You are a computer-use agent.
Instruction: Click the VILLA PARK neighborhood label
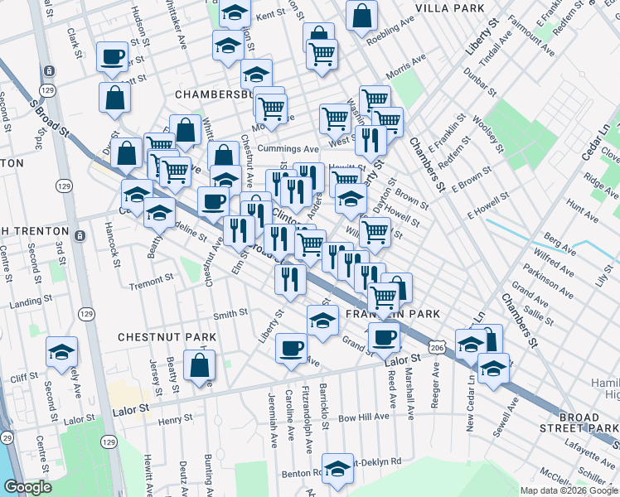[449, 8]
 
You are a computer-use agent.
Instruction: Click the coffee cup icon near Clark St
[112, 56]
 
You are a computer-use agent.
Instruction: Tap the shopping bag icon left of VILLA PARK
[361, 15]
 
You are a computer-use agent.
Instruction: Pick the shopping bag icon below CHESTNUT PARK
[200, 364]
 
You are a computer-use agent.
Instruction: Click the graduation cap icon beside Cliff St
[61, 353]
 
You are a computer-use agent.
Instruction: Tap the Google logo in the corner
[28, 488]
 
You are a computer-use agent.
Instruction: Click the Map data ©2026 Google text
[569, 490]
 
